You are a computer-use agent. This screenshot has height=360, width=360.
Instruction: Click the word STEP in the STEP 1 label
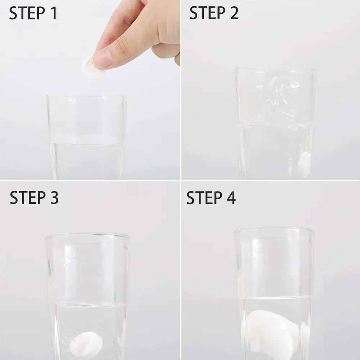27,13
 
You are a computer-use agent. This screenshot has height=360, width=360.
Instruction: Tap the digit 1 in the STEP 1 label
54,13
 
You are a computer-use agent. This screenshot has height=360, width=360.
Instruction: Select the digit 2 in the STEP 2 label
234,13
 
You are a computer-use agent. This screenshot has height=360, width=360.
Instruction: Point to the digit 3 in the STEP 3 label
54,197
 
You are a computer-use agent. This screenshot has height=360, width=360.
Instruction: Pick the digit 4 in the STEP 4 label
231,198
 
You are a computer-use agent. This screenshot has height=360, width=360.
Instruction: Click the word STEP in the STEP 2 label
207,13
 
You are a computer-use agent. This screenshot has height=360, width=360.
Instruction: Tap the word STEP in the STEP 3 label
28,197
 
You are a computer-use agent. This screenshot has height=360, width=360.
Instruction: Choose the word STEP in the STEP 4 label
204,198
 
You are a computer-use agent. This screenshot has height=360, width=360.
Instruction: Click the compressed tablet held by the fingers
91,66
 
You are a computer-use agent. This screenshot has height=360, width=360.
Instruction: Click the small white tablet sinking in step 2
305,165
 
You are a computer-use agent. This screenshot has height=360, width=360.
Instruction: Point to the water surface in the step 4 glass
275,298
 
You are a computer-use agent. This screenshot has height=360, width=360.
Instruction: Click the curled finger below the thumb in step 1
166,50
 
